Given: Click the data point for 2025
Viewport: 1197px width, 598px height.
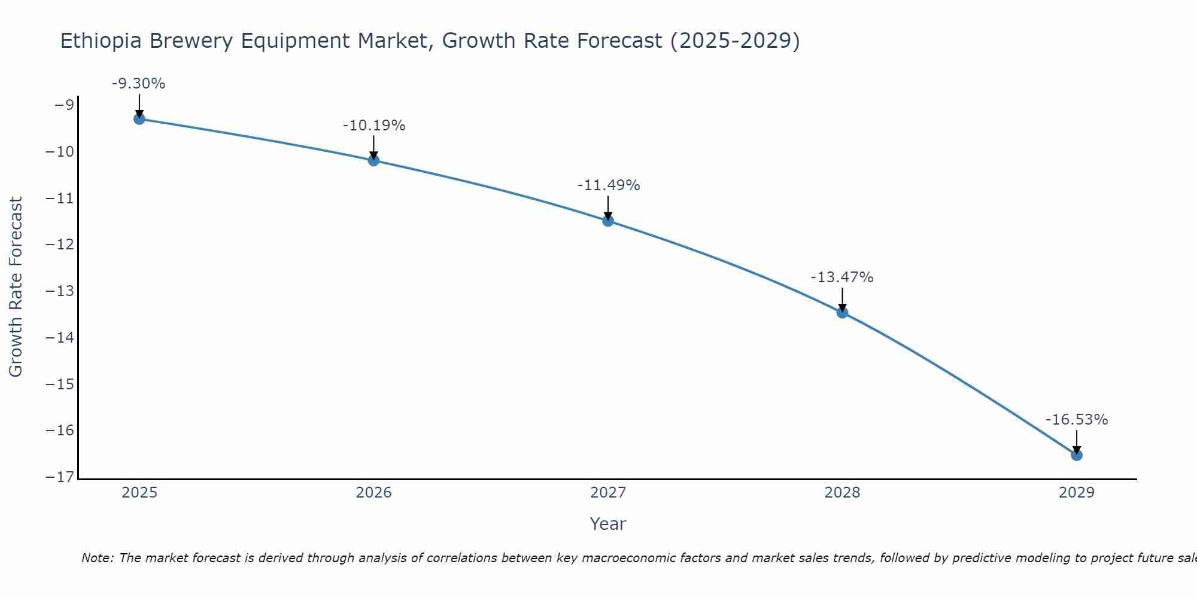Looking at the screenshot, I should [x=139, y=118].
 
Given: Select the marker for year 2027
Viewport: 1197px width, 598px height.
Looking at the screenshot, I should [x=608, y=221].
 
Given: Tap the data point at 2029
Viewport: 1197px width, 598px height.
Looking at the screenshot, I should [x=1076, y=455].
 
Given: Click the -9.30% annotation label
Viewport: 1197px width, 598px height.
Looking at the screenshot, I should [x=138, y=84].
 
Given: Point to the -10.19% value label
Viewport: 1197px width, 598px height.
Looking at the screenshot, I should [x=374, y=126].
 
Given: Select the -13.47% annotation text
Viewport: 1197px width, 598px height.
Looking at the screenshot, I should [x=842, y=277].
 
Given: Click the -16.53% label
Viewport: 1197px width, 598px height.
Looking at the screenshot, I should [x=1076, y=420].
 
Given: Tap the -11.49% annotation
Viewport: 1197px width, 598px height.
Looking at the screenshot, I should [x=608, y=185].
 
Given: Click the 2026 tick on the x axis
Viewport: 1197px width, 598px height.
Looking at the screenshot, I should [x=373, y=493].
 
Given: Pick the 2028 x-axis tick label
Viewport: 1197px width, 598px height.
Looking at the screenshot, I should [x=842, y=493].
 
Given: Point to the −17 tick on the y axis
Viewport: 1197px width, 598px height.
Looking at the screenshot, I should [x=59, y=477].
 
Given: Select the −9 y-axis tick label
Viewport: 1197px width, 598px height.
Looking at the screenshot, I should [x=64, y=105].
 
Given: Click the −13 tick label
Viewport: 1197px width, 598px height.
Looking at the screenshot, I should [x=59, y=291].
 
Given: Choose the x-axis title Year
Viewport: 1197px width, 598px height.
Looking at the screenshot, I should [x=607, y=524].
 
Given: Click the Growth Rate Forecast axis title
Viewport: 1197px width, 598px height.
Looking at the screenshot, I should [x=16, y=286].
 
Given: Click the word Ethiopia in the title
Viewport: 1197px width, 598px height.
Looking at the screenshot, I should [x=101, y=41].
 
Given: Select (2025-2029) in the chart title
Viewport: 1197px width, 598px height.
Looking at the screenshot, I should [x=734, y=41].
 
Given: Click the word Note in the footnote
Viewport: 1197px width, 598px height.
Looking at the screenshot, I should [x=97, y=558].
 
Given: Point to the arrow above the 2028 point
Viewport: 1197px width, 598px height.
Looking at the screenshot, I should [x=842, y=299].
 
